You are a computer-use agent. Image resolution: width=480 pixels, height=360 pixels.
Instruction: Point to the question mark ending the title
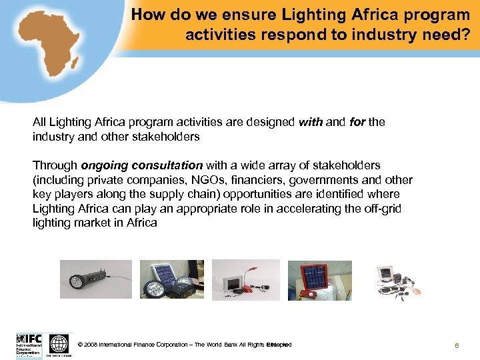click(x=465, y=34)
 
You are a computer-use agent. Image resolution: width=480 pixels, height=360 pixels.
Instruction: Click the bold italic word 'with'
click(x=311, y=122)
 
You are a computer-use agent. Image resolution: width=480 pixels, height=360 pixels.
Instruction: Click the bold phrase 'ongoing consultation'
click(x=141, y=165)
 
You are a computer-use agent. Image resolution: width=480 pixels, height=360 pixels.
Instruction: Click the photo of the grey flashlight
click(x=95, y=279)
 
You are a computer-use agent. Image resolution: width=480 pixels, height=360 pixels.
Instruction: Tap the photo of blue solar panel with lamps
click(x=171, y=279)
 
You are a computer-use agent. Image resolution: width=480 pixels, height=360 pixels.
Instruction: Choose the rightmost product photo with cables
click(x=394, y=279)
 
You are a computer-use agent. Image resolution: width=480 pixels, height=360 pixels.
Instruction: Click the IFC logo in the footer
click(x=29, y=344)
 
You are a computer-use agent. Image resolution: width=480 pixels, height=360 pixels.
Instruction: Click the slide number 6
click(x=457, y=345)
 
